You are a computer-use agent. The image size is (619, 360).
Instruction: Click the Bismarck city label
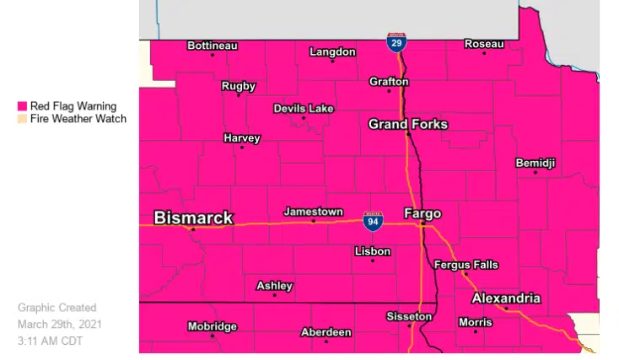click(193, 218)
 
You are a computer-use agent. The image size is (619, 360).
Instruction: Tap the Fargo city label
click(423, 213)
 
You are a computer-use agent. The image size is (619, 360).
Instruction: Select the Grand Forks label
click(408, 125)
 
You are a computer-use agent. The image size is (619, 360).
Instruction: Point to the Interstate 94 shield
click(373, 222)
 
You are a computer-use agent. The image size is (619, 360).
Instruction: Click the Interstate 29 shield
click(396, 42)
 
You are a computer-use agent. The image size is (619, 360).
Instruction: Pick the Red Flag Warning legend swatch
click(23, 106)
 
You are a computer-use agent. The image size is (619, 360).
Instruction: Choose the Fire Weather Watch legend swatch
click(23, 119)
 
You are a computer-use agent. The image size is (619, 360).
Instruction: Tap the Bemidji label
click(536, 163)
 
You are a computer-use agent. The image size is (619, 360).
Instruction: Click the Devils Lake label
click(304, 109)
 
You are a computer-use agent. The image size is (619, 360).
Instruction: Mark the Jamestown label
click(313, 212)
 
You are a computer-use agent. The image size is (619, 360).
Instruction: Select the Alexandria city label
click(506, 299)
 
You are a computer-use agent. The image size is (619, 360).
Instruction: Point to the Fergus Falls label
click(466, 265)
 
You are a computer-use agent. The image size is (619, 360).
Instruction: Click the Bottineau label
click(213, 46)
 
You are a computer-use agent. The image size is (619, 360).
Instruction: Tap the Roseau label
click(484, 44)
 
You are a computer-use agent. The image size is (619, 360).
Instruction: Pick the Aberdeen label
click(326, 332)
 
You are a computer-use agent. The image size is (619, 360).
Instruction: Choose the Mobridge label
click(212, 326)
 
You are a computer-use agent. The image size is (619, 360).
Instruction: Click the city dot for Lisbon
click(373, 261)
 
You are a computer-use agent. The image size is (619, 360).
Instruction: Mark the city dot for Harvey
click(242, 148)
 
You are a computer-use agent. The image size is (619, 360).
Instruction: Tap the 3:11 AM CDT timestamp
click(50, 341)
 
